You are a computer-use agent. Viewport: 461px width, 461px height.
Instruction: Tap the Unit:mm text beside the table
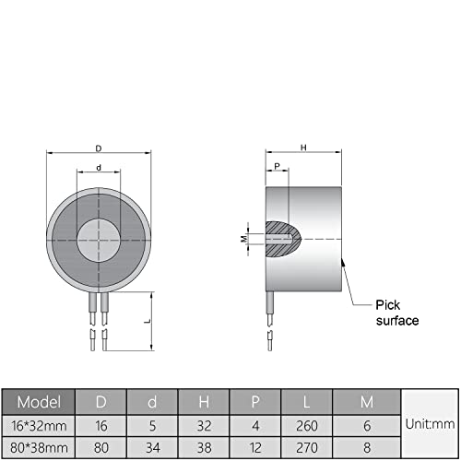click(430, 426)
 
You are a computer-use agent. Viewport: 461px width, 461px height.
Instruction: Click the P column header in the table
click(253, 402)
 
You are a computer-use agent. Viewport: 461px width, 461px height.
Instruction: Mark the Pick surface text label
click(397, 313)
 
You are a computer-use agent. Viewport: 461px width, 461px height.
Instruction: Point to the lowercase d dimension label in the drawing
click(99, 168)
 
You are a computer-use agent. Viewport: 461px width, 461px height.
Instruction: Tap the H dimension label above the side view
click(302, 146)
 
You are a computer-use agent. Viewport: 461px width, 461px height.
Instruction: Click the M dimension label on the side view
click(243, 238)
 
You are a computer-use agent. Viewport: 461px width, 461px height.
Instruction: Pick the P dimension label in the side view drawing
click(275, 168)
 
